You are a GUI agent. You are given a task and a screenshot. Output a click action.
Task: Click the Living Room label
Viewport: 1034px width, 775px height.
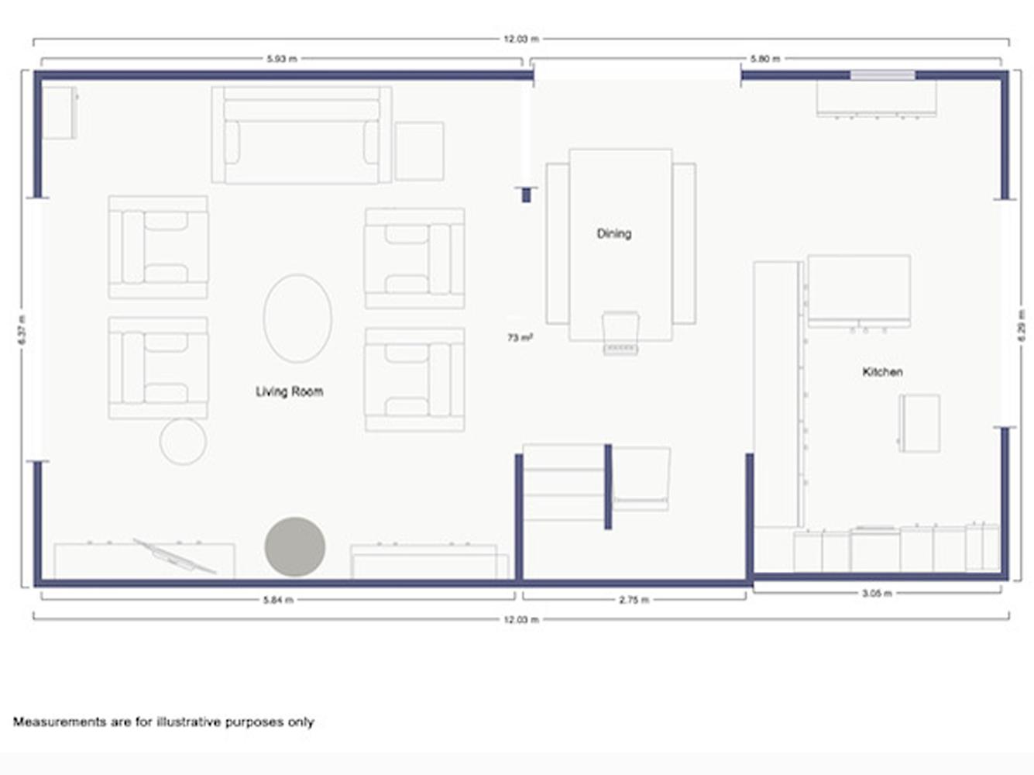click(x=289, y=391)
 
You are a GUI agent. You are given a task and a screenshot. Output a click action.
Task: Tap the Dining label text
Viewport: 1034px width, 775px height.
click(x=613, y=233)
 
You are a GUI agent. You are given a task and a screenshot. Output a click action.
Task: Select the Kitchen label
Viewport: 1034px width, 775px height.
click(x=882, y=372)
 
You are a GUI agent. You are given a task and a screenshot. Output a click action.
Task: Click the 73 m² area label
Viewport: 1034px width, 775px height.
click(x=520, y=337)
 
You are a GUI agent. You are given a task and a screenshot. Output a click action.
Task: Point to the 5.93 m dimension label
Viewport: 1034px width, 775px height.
click(x=282, y=59)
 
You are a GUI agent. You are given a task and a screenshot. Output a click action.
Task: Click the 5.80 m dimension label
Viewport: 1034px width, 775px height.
click(x=765, y=59)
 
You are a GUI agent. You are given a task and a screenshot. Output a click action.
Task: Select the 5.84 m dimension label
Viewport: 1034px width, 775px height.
click(x=278, y=600)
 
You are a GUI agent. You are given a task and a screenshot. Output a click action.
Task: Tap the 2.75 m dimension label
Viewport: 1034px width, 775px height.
click(x=634, y=600)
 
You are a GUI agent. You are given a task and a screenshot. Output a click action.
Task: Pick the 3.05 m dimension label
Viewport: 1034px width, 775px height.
click(x=877, y=593)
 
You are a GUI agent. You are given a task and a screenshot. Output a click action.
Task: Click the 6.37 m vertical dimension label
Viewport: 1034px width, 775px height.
click(x=22, y=329)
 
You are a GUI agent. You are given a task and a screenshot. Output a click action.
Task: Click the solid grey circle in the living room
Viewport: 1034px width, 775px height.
click(x=295, y=546)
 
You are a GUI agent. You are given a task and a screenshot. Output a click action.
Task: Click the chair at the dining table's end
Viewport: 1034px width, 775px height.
click(x=621, y=332)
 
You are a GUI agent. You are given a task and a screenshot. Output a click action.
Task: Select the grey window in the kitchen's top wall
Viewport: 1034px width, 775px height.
click(x=882, y=75)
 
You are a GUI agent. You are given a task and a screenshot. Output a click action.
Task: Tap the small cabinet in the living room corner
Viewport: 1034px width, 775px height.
click(x=60, y=112)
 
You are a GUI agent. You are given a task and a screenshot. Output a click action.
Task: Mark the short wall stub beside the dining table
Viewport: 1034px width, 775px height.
click(x=526, y=195)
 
